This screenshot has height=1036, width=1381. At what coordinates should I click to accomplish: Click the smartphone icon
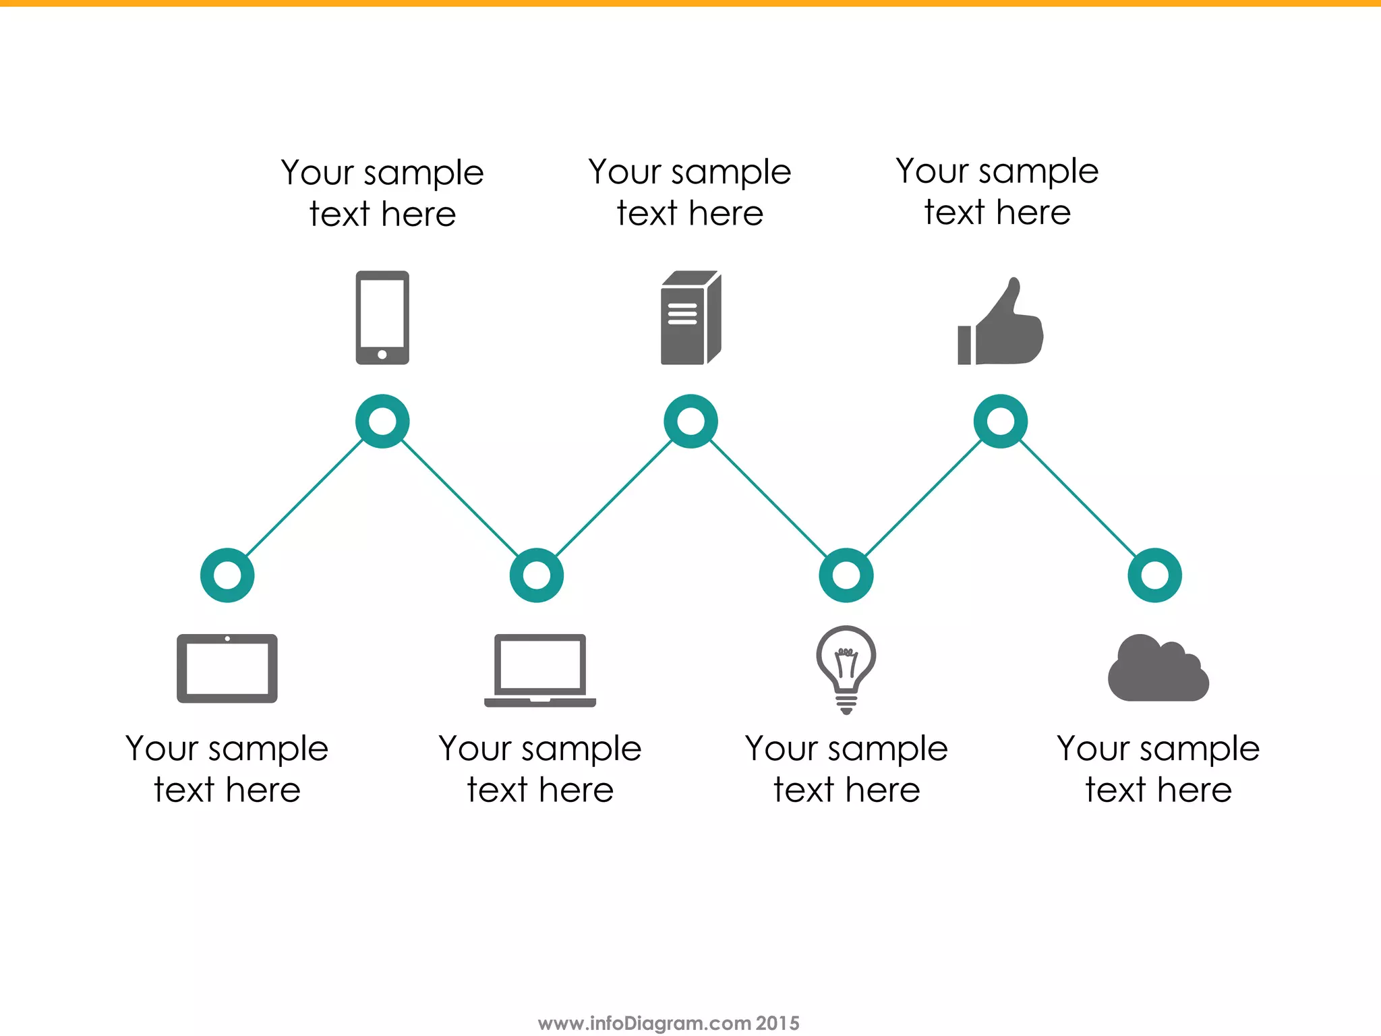pos(382,317)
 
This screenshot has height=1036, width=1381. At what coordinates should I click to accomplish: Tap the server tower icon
pos(690,318)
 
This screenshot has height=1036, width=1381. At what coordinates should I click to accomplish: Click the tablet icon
pos(227,668)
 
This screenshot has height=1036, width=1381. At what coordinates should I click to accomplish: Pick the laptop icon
pos(539,670)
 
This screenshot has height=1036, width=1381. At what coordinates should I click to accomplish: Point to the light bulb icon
pos(846,668)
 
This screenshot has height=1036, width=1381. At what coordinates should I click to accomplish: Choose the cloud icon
pos(1158,670)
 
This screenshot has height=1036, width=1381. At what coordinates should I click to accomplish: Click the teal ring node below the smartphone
pos(382,422)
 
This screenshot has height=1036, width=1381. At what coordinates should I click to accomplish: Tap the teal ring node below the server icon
pos(690,422)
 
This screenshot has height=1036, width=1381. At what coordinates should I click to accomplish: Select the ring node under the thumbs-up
pos(1001,422)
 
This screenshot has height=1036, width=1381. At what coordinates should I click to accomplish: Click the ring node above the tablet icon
pos(227,575)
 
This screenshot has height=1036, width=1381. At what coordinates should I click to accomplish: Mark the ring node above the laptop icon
pos(537,575)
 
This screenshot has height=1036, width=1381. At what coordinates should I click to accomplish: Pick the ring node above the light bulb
pos(846,575)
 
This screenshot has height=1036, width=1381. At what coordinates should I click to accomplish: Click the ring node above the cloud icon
pos(1155,575)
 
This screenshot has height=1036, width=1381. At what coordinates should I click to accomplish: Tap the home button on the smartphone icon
pos(382,355)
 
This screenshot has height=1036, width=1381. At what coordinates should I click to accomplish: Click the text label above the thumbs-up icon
pos(997,192)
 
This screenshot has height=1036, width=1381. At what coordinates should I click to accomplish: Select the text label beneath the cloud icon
pos(1158,769)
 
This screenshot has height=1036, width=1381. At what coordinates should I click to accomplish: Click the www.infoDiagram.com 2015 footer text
pos(668,1023)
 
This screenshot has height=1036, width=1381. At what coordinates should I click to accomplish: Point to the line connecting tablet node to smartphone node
pos(305,498)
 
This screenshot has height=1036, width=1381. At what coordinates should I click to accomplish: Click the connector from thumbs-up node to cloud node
pos(1078,498)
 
